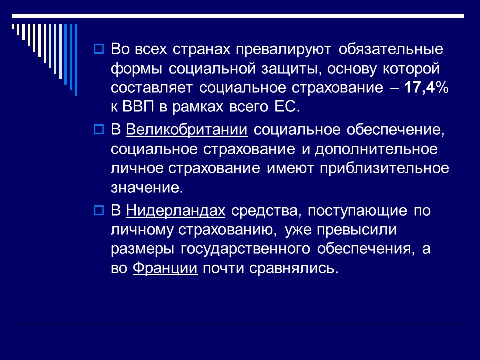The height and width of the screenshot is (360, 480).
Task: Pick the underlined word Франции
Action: click(165, 268)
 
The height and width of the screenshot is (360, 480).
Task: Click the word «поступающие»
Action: click(357, 211)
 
